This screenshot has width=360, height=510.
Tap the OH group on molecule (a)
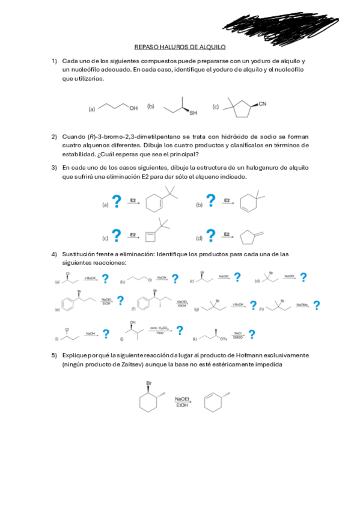pos(133,108)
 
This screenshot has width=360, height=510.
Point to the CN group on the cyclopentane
pos(262,103)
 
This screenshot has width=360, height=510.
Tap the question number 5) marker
pos(54,355)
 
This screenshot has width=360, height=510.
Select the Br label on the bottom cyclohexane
pos(149,383)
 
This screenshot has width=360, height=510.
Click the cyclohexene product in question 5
pos(212,402)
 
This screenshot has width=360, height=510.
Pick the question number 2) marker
pos(54,137)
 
